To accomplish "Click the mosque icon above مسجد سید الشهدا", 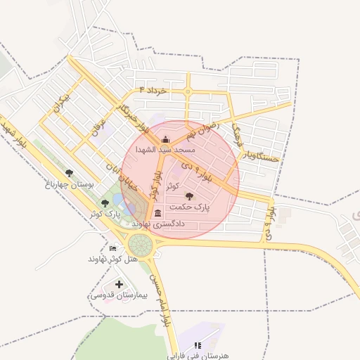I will coord(165,139).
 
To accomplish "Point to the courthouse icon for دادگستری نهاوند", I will coord(156,212).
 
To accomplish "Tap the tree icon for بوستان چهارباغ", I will coord(68,172).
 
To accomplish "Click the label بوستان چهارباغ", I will coord(70,184).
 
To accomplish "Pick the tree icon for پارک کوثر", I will coord(105,203).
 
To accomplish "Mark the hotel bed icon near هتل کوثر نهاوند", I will coord(113,248).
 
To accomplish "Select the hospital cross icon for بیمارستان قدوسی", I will coord(119,285).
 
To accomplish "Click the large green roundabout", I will coord(140,245).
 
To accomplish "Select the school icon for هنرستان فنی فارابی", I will coord(198,345).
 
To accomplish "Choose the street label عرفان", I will coord(96,128).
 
